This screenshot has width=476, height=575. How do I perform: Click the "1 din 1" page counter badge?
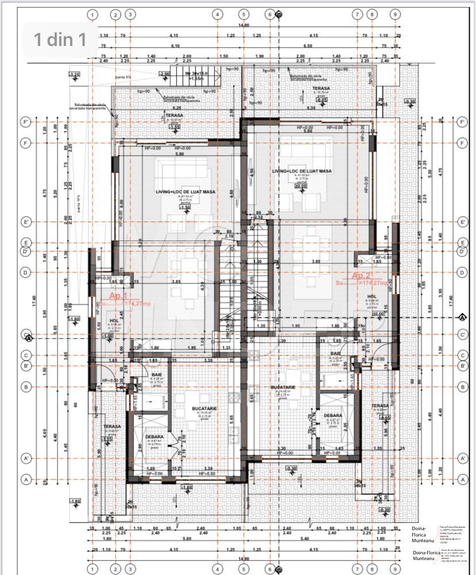[x=60, y=39]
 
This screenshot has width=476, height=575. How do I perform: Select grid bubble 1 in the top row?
[x=94, y=14]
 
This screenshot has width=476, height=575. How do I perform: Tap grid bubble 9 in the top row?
[x=395, y=14]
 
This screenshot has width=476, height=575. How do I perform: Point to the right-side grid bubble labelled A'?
[x=462, y=458]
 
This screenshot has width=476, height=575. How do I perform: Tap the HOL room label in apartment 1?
[x=114, y=321]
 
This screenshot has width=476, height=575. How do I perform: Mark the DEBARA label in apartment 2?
[x=333, y=415]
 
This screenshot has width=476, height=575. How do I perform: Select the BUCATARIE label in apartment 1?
[x=204, y=408]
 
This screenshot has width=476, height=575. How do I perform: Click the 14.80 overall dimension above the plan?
[x=244, y=25]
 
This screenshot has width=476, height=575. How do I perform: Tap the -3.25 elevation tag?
[x=74, y=75]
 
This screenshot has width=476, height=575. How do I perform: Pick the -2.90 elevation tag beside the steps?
[x=164, y=74]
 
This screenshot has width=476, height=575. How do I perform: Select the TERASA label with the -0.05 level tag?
[x=320, y=88]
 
